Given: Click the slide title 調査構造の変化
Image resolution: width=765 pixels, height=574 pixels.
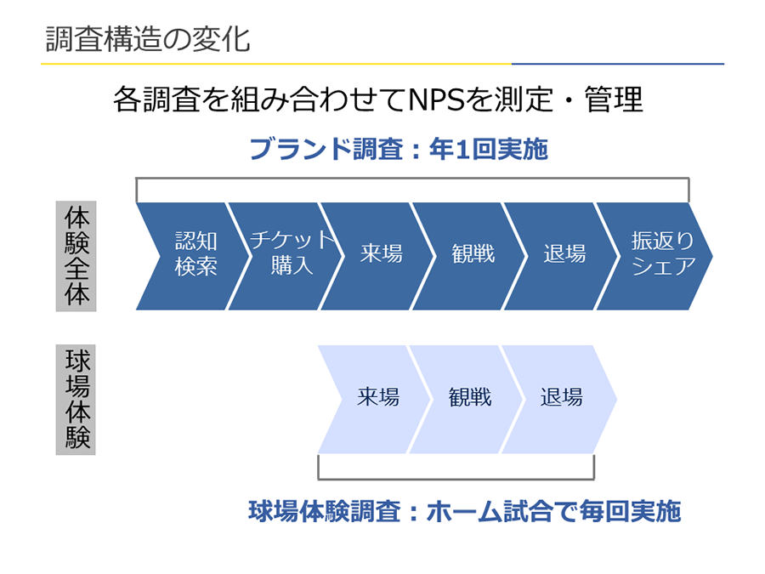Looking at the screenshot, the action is click(x=148, y=39).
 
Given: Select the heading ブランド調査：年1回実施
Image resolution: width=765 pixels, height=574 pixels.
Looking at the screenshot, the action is click(x=399, y=149).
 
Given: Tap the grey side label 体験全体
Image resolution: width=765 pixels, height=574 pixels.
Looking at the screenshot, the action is click(x=76, y=256).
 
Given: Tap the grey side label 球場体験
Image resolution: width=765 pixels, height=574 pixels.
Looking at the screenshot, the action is click(x=76, y=400).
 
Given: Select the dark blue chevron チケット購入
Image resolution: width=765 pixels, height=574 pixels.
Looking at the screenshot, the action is click(x=286, y=256).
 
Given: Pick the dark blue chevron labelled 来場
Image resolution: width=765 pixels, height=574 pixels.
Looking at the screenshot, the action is click(x=377, y=256).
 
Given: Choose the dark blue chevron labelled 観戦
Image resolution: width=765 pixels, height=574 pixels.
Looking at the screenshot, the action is click(x=469, y=256).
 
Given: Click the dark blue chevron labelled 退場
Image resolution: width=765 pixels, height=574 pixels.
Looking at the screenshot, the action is click(x=561, y=256).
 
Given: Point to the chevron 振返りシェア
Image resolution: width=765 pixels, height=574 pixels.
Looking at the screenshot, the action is click(x=654, y=256).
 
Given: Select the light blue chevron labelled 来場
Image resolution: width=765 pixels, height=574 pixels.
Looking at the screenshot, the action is click(x=374, y=400).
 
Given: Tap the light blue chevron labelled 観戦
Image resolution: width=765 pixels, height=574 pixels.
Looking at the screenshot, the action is click(x=467, y=400).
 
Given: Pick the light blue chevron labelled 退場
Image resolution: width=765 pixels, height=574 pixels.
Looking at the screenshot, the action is click(x=559, y=400).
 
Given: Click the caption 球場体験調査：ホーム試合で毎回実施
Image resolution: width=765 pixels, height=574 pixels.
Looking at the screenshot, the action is click(x=464, y=511).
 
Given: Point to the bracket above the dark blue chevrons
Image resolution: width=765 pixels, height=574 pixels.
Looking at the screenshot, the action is click(x=412, y=179).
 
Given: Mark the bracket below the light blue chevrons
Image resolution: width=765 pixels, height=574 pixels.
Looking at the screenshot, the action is click(x=456, y=479).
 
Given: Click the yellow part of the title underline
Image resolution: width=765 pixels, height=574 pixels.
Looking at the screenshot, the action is click(x=276, y=64).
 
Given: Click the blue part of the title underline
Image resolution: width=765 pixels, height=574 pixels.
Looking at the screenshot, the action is click(x=618, y=64).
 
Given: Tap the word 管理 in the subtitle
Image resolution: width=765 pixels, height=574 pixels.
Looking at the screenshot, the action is click(x=614, y=99).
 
